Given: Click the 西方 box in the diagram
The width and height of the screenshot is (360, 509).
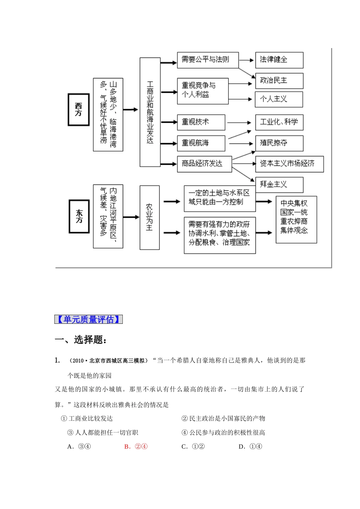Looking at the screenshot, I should pyautogui.click(x=78, y=109).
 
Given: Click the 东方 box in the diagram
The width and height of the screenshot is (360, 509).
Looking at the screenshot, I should pyautogui.click(x=79, y=216).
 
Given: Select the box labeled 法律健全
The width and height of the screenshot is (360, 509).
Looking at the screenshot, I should pyautogui.click(x=279, y=60).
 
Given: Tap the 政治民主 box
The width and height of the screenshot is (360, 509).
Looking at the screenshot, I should pyautogui.click(x=279, y=81).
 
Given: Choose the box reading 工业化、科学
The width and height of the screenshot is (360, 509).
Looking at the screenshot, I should pyautogui.click(x=279, y=122).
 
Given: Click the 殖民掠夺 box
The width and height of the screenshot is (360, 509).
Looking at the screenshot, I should pyautogui.click(x=279, y=143).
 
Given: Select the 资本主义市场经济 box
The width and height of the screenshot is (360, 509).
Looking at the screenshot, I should pyautogui.click(x=289, y=164).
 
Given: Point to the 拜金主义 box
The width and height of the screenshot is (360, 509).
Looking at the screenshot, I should pyautogui.click(x=279, y=184).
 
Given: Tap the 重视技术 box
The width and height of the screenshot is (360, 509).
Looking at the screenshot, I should pyautogui.click(x=201, y=122).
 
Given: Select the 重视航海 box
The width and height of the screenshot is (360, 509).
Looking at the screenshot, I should pyautogui.click(x=201, y=143).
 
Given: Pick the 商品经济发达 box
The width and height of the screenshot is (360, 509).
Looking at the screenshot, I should pyautogui.click(x=204, y=164).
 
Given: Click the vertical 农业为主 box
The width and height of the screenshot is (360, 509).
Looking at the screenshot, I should pyautogui.click(x=149, y=217).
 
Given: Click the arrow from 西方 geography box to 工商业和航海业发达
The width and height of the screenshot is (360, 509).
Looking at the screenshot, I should pyautogui.click(x=131, y=109).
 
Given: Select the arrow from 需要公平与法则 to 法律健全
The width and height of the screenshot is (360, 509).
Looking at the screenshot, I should pyautogui.click(x=247, y=60).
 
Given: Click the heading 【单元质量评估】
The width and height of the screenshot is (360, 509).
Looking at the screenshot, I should pyautogui.click(x=88, y=319).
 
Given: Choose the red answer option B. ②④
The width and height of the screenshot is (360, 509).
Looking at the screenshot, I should pyautogui.click(x=136, y=447).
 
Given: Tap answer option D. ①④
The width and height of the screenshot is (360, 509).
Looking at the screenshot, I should pyautogui.click(x=250, y=447).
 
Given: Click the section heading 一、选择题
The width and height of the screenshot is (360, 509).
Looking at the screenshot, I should pyautogui.click(x=81, y=340).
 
